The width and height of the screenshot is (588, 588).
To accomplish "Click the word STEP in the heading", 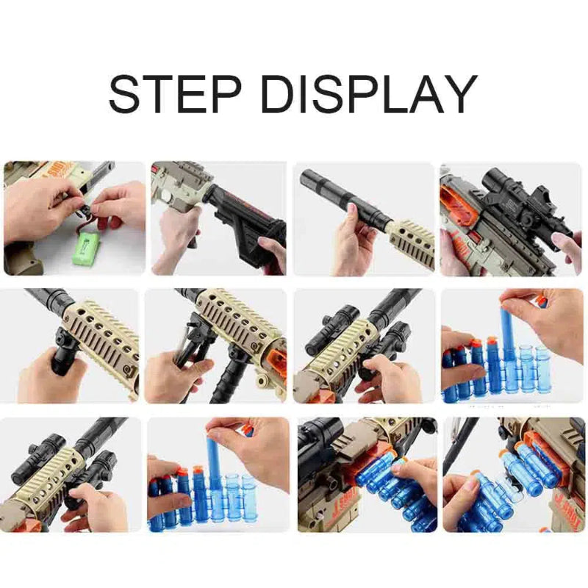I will tap(176, 93).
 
